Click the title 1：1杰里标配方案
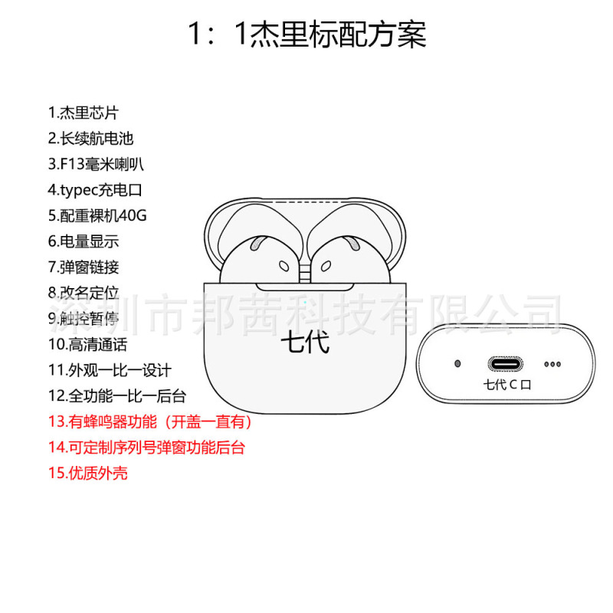pyautogui.click(x=306, y=34)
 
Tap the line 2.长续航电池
pyautogui.click(x=90, y=138)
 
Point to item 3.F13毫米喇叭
pyautogui.click(x=96, y=164)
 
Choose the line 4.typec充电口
pyautogui.click(x=95, y=189)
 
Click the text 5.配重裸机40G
pyautogui.click(x=97, y=215)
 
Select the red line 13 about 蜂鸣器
pyautogui.click(x=150, y=421)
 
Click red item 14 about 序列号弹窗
pyautogui.click(x=146, y=447)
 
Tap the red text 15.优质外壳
pyautogui.click(x=87, y=473)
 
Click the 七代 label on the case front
pyautogui.click(x=305, y=342)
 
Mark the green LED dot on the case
pyautogui.click(x=305, y=301)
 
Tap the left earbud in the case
pyautogui.click(x=258, y=261)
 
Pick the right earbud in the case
pyautogui.click(x=349, y=261)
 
